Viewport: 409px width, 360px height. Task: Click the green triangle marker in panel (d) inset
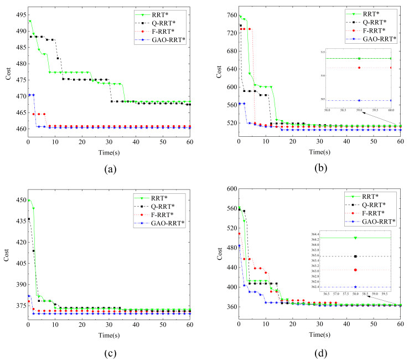355,238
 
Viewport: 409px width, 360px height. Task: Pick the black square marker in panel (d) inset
355,256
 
